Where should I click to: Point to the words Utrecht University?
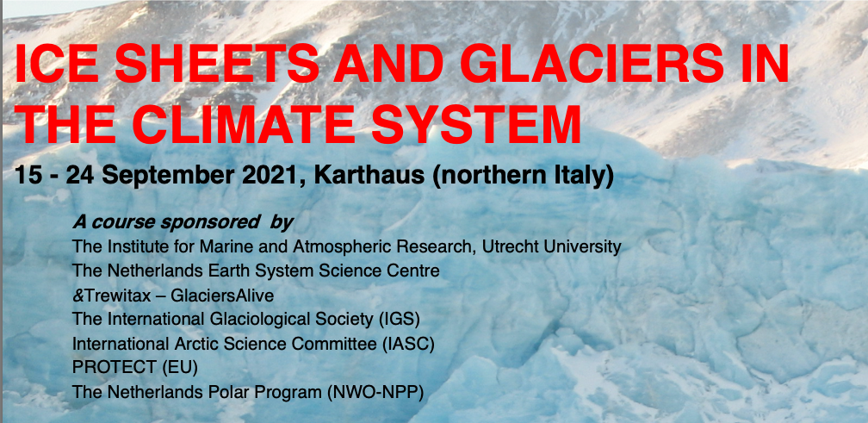552,246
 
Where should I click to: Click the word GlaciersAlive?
222,296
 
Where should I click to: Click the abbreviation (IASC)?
408,345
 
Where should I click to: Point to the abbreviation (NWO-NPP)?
375,393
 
